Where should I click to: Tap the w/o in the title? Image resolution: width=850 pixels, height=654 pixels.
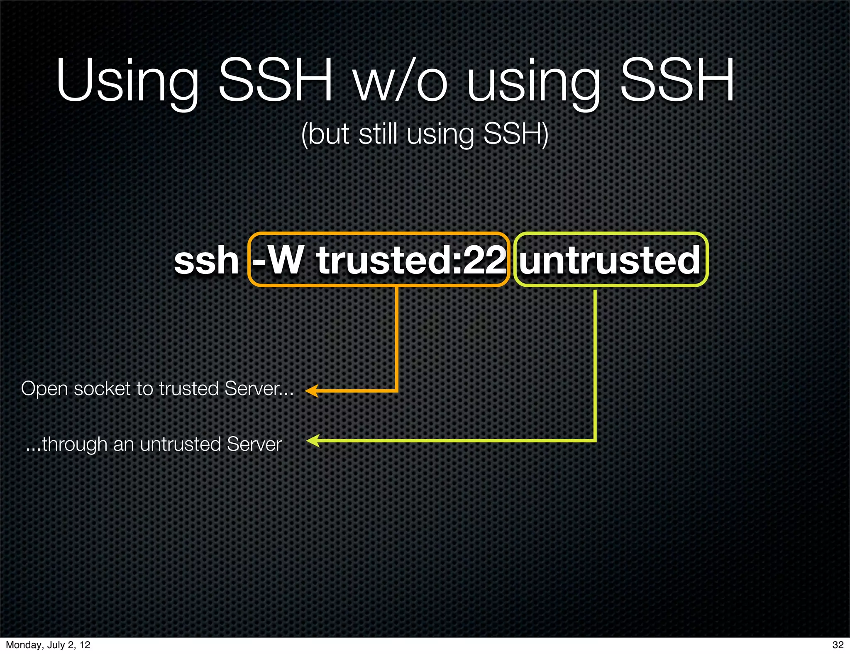click(400, 81)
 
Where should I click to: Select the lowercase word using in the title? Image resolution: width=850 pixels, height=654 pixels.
click(534, 81)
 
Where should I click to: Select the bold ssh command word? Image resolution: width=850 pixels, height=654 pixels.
click(206, 261)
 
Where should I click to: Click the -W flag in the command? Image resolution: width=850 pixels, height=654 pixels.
click(278, 261)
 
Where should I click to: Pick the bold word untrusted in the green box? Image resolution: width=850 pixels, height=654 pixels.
click(610, 261)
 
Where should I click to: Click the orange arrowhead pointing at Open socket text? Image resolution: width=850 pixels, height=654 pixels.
click(312, 391)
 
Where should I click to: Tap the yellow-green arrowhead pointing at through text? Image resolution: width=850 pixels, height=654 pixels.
click(313, 441)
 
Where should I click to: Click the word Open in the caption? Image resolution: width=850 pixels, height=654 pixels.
click(44, 389)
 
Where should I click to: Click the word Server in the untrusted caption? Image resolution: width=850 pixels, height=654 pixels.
click(254, 444)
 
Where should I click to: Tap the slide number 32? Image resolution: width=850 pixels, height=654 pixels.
click(838, 644)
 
